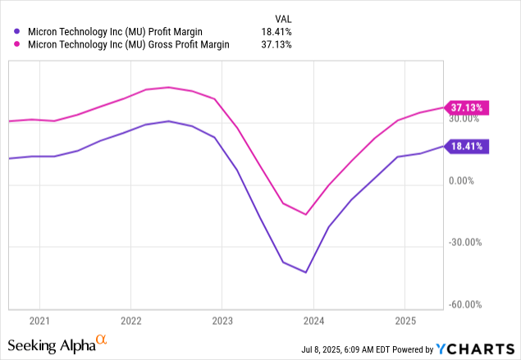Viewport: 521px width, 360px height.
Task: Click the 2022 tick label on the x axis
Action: [131, 318]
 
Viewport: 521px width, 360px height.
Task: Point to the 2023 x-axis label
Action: [222, 318]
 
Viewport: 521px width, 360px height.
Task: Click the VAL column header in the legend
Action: [281, 18]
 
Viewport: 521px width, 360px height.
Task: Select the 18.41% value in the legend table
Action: [276, 33]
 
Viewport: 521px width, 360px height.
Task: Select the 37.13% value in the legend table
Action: [276, 46]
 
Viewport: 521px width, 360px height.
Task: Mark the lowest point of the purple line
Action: [306, 272]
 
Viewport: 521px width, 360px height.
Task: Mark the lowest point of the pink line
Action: [306, 215]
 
